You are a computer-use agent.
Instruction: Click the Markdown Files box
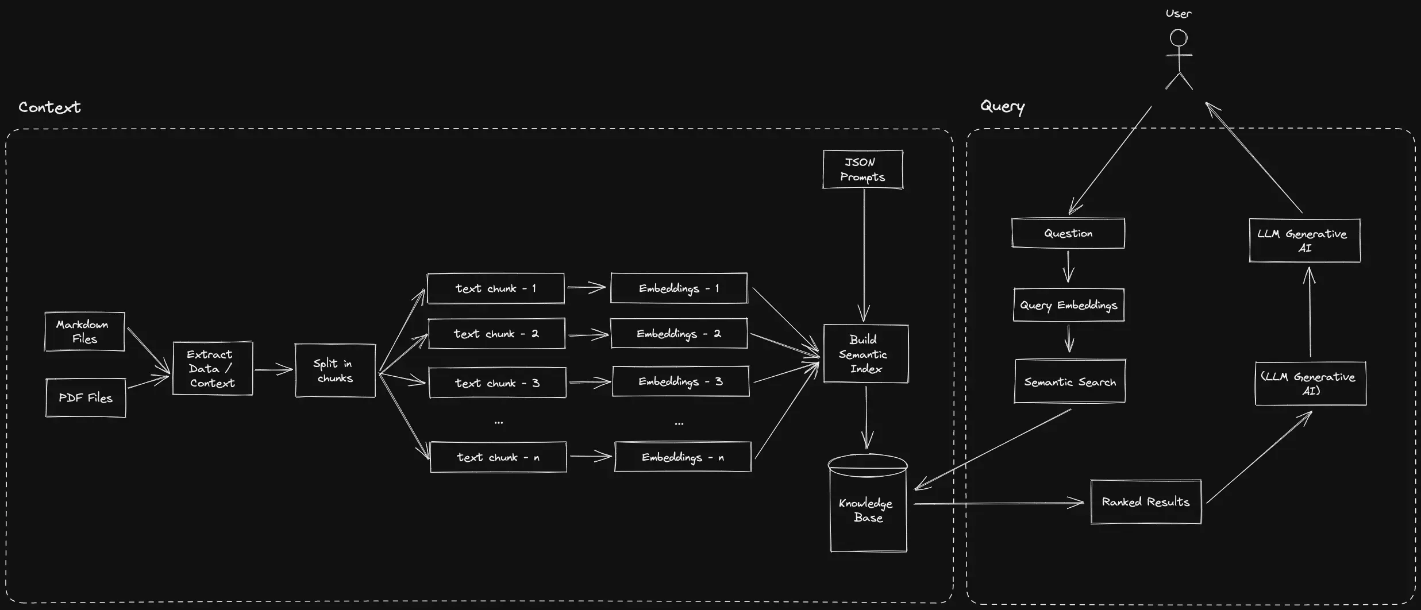pos(84,331)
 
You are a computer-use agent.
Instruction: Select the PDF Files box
pos(86,397)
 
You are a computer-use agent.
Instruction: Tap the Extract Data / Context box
pos(213,368)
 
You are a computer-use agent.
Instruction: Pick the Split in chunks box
pos(335,370)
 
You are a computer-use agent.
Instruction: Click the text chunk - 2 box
pos(497,333)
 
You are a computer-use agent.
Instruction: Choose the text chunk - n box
pos(498,457)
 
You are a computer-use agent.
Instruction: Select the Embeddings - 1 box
pos(679,288)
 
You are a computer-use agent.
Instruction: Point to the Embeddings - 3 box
pos(681,381)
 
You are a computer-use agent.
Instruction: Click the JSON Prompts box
pos(863,169)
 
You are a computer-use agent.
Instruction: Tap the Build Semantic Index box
pos(866,354)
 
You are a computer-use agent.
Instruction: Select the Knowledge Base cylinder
pos(868,503)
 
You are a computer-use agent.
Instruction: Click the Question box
pos(1068,233)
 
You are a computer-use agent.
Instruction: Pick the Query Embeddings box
pos(1069,305)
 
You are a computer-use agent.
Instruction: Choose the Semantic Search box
pos(1070,381)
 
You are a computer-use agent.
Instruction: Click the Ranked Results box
pos(1146,502)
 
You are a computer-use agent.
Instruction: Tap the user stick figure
pos(1179,60)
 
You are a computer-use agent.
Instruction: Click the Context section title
pos(49,107)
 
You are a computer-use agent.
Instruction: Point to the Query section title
pos(1003,107)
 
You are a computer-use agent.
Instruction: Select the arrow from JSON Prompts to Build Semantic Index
pos(864,256)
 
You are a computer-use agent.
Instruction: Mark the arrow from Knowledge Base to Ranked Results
pos(999,504)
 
